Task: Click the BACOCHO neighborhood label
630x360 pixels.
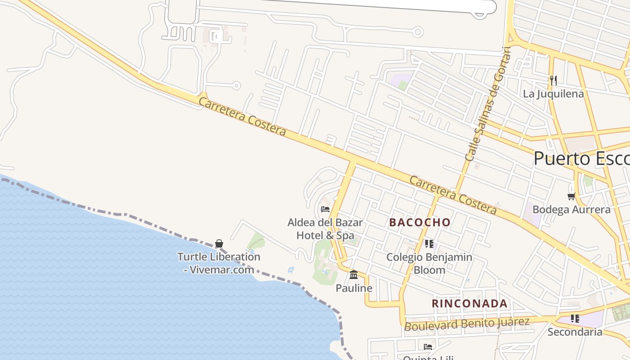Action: (419, 222)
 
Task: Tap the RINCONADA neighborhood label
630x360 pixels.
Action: (470, 304)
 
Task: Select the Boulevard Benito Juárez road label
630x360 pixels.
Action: (467, 324)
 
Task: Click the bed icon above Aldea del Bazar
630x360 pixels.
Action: (325, 209)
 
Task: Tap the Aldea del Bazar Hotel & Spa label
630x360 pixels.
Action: (325, 229)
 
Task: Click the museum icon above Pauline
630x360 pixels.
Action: (354, 274)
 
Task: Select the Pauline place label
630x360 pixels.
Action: (354, 288)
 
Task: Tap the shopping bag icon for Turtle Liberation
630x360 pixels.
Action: (219, 243)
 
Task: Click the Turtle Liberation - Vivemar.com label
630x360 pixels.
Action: (219, 263)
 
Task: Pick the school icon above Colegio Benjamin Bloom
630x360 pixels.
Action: (429, 244)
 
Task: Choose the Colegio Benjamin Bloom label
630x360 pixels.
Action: (429, 264)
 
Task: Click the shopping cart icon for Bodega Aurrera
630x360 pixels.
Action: (571, 196)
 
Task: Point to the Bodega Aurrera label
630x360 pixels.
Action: (571, 210)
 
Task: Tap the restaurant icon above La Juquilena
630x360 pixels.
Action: (553, 81)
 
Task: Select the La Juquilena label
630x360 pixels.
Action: (553, 94)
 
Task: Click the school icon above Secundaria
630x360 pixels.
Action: (575, 319)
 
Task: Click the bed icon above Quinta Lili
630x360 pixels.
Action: (428, 346)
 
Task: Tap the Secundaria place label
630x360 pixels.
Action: (575, 332)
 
